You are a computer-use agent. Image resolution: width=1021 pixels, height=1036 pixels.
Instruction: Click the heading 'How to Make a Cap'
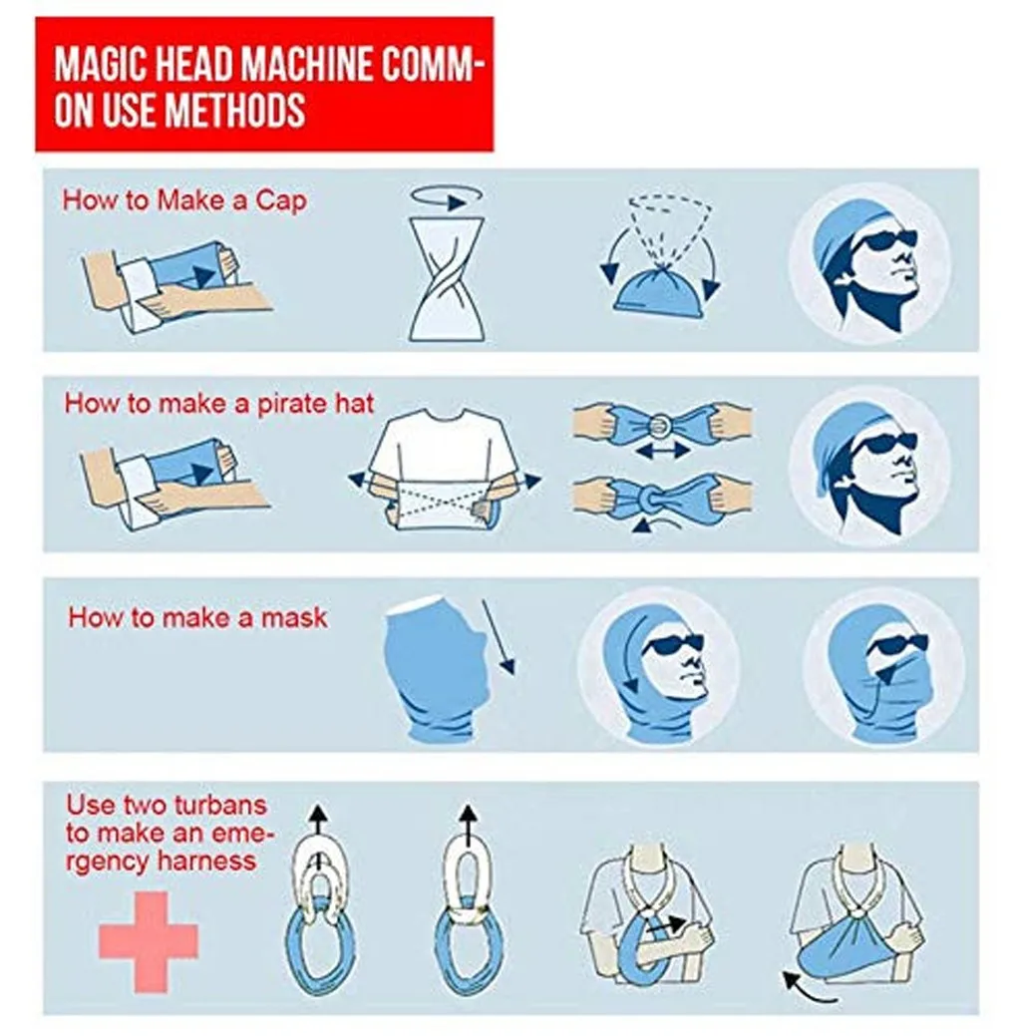click(x=184, y=200)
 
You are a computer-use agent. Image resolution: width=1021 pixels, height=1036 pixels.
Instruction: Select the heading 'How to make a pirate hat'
click(x=218, y=404)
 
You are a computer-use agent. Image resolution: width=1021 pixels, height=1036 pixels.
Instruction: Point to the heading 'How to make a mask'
click(x=197, y=618)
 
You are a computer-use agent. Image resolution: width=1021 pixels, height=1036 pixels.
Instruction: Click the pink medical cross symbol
click(x=148, y=941)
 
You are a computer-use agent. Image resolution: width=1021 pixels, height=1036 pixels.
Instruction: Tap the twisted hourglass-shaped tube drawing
click(x=447, y=279)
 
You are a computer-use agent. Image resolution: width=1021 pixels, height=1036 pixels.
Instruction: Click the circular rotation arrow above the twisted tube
click(x=447, y=196)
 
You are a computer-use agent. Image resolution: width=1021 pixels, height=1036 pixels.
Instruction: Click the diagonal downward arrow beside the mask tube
click(x=499, y=637)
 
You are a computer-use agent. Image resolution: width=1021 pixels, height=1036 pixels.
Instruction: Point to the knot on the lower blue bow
click(x=652, y=497)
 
